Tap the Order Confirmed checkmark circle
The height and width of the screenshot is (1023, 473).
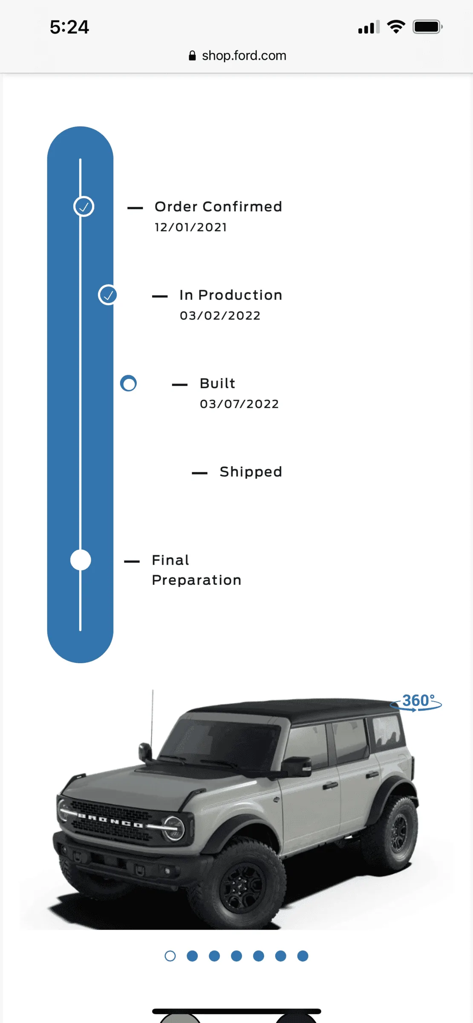coord(84,207)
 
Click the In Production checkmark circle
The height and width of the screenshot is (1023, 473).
coord(108,295)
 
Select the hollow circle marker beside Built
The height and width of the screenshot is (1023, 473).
coord(128,383)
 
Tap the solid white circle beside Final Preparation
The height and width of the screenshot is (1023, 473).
coord(81,560)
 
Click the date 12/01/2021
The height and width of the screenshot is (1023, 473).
coord(190,227)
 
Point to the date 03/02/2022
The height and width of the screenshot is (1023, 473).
coord(220,315)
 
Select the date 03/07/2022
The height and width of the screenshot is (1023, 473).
coord(239,404)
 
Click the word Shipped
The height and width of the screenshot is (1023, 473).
coord(251,472)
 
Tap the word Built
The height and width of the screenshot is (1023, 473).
coord(217,383)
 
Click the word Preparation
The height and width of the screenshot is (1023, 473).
coord(196,580)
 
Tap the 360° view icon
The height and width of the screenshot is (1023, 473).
coord(416,702)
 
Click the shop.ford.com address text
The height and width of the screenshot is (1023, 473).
coord(244,55)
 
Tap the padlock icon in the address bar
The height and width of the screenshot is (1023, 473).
coord(192,55)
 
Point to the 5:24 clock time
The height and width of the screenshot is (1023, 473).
coord(69,27)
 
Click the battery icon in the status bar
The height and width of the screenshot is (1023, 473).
coord(428,27)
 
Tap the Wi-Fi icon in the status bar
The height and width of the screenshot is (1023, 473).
coord(396,27)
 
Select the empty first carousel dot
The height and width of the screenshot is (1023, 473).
coord(170,956)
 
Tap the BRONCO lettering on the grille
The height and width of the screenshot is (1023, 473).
coord(110,821)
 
